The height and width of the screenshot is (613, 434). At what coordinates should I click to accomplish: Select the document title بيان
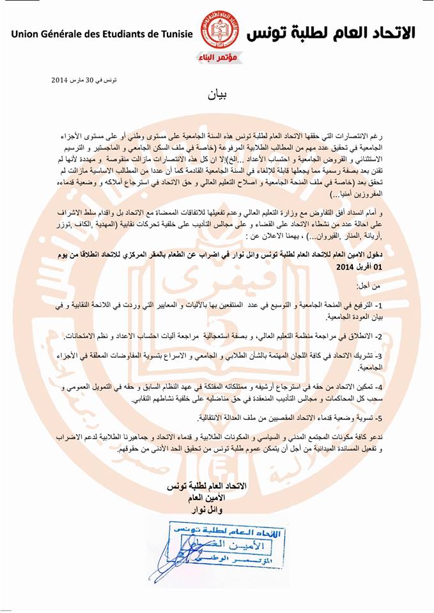click(x=217, y=96)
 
